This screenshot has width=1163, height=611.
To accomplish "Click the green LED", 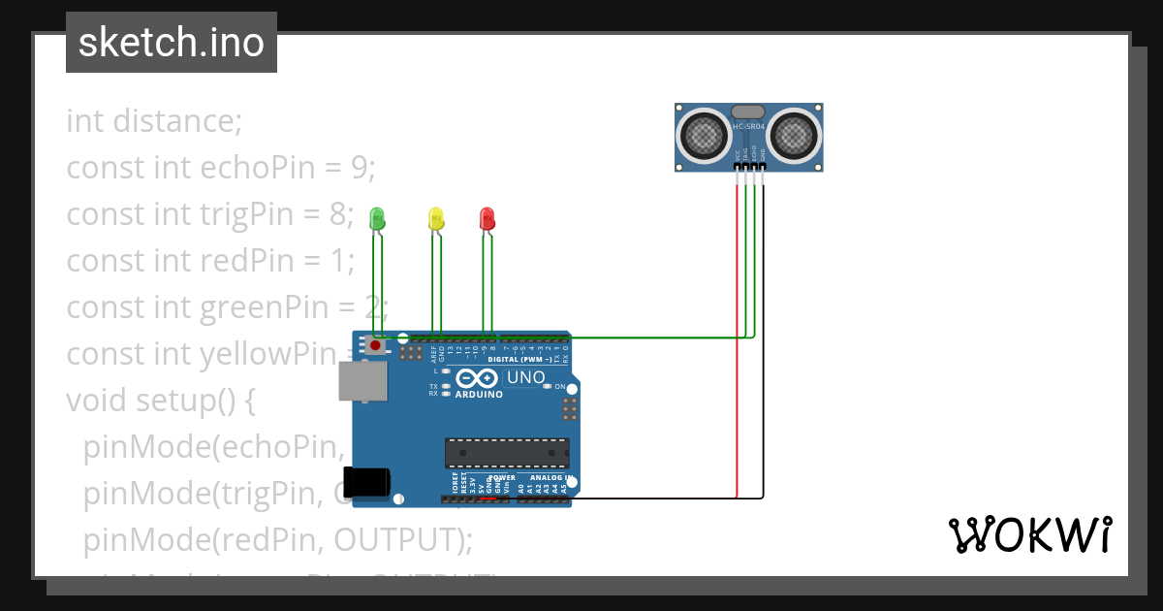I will [x=378, y=218].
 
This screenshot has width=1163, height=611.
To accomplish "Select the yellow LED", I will [x=436, y=218].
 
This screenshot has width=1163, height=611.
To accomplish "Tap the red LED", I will [x=487, y=218].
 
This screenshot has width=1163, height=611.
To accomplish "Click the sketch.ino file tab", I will [x=172, y=43].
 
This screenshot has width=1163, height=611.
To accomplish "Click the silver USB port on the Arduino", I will [x=362, y=381].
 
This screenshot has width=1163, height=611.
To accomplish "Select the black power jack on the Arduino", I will [x=368, y=482].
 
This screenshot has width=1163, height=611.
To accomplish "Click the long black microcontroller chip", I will [x=507, y=453].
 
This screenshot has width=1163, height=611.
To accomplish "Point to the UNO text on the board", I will [x=526, y=377].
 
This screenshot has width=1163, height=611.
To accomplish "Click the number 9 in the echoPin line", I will [x=360, y=168].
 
